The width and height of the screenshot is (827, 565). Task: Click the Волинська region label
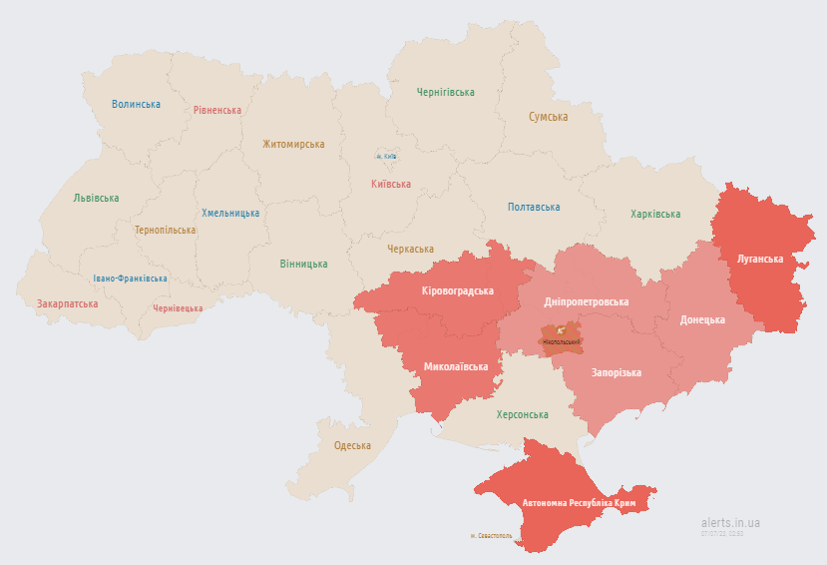coord(136,104)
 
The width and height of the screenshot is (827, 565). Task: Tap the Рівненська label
coord(217,110)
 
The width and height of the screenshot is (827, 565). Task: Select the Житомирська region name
coord(293,144)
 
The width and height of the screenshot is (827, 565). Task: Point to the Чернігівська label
coord(445,92)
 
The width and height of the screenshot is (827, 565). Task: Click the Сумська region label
coord(548,117)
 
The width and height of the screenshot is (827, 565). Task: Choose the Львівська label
coord(96,198)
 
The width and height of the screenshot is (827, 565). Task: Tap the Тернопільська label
coord(166,230)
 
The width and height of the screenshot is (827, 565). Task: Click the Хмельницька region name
coord(230,213)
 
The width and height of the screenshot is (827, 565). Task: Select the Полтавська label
coord(534,207)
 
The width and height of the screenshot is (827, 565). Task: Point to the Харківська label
coord(655,214)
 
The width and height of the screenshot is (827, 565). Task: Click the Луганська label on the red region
coord(760,259)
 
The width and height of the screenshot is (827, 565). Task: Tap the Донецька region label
coord(702,319)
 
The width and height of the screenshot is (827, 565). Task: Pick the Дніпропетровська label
coord(587,301)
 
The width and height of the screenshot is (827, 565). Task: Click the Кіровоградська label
coord(458,290)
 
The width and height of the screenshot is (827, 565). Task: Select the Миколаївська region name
coord(456,366)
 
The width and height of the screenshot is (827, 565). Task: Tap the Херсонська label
coord(523,414)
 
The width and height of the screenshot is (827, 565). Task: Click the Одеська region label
coord(352,445)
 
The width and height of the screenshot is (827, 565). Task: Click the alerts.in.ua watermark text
coord(730,522)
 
